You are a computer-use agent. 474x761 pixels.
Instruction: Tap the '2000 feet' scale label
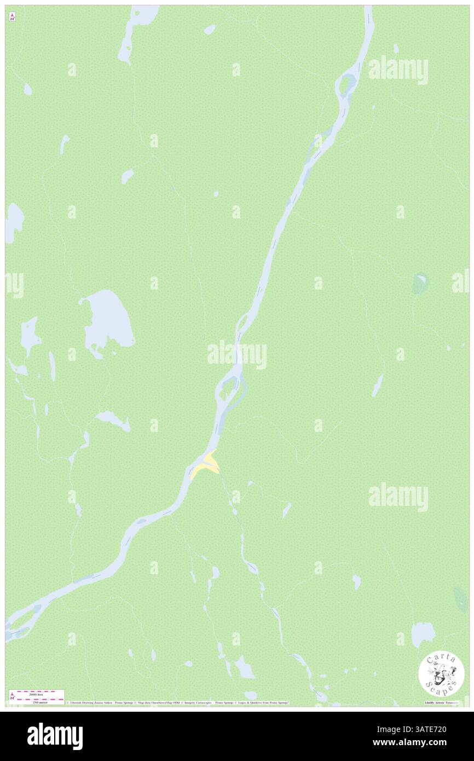click(37, 694)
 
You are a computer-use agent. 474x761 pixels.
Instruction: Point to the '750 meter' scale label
click(37, 702)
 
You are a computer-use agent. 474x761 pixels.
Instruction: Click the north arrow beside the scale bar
click(12, 696)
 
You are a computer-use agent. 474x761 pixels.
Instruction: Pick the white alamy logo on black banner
click(55, 736)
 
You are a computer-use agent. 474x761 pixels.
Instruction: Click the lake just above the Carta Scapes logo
click(423, 634)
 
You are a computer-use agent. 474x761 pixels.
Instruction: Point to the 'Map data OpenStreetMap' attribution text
click(159, 702)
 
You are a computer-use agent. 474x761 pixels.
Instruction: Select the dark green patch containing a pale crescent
click(420, 284)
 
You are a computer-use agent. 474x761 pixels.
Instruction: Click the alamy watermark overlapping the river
click(237, 355)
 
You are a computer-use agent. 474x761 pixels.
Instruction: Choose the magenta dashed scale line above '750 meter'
click(37, 698)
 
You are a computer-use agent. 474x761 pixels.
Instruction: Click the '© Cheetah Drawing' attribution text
click(88, 702)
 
